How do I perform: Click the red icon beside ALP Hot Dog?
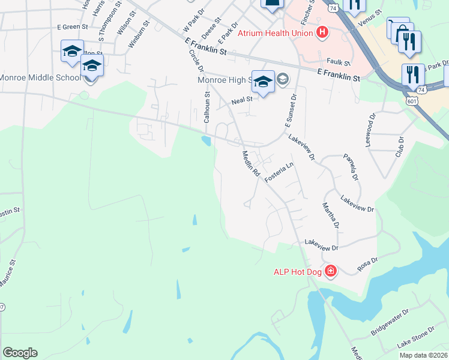coord(330,272)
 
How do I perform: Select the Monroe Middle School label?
coord(40,78)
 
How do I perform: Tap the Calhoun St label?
coord(206,107)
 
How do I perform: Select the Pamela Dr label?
coord(351,167)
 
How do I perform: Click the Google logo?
coord(20,353)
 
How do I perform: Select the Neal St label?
coord(240,102)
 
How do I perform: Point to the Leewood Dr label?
coord(370,125)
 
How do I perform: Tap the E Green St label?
coord(72,27)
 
